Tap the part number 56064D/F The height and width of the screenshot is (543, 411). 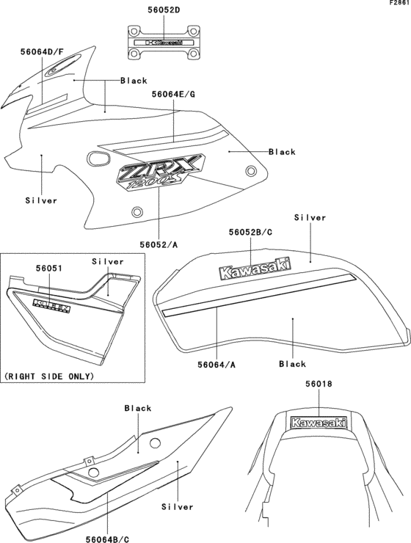coord(46,52)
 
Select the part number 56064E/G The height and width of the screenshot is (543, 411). coord(173,95)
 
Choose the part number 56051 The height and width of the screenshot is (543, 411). coord(47,269)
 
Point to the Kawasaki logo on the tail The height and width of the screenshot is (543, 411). coord(319,423)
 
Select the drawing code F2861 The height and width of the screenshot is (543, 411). coord(399,4)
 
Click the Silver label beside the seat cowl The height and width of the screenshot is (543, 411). coord(177,506)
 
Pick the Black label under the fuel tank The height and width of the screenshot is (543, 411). coord(293,364)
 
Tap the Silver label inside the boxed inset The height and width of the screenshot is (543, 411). coord(108,261)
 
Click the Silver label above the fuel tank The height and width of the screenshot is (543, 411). coord(310,218)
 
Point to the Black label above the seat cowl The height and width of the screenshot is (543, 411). coord(138,408)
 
